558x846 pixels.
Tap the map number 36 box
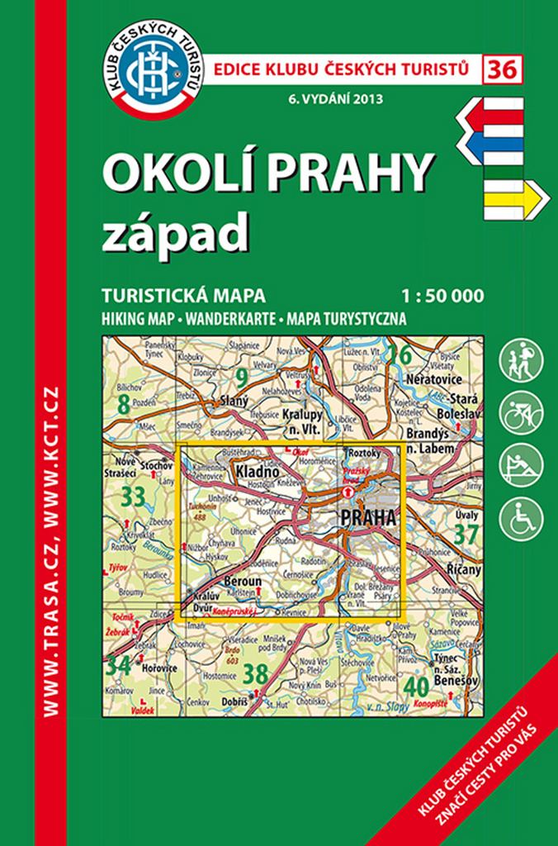pyautogui.click(x=503, y=69)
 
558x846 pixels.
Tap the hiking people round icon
pyautogui.click(x=522, y=359)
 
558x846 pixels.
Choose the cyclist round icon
pyautogui.click(x=522, y=412)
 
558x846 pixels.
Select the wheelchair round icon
pyautogui.click(x=522, y=518)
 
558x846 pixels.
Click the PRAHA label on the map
pyautogui.click(x=367, y=517)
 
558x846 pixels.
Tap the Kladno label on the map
pyautogui.click(x=253, y=471)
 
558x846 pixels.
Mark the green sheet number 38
pyautogui.click(x=257, y=674)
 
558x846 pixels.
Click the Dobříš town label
pyautogui.click(x=234, y=701)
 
